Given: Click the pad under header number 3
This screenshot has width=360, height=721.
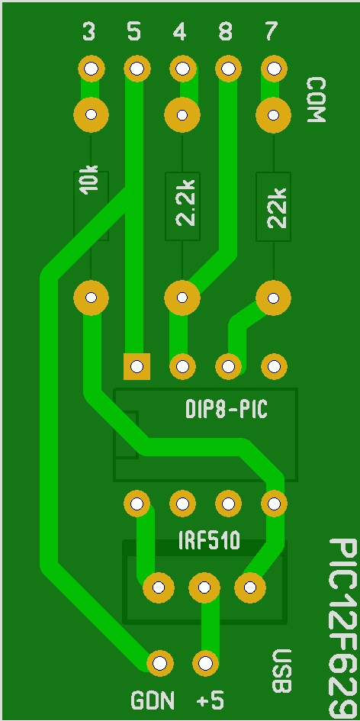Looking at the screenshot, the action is [x=91, y=69].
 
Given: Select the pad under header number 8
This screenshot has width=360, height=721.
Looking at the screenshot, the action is [x=227, y=69].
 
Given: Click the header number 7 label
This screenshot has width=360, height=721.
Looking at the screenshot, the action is [x=272, y=31].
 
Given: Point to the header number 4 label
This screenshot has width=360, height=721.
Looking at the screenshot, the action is [x=180, y=32].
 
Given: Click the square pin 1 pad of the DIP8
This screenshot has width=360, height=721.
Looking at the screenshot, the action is [x=137, y=367].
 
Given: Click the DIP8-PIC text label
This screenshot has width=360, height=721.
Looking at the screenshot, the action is [x=226, y=409].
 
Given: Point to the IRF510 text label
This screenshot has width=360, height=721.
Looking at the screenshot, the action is [x=209, y=542].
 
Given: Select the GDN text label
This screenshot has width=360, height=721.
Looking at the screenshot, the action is [x=153, y=701].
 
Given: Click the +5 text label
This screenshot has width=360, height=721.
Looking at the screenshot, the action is [x=210, y=701].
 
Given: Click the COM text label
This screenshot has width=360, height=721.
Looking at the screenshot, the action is [x=317, y=100].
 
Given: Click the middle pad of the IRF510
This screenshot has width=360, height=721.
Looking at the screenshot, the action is [x=204, y=587].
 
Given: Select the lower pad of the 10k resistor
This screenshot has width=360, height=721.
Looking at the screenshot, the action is [x=91, y=298].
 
